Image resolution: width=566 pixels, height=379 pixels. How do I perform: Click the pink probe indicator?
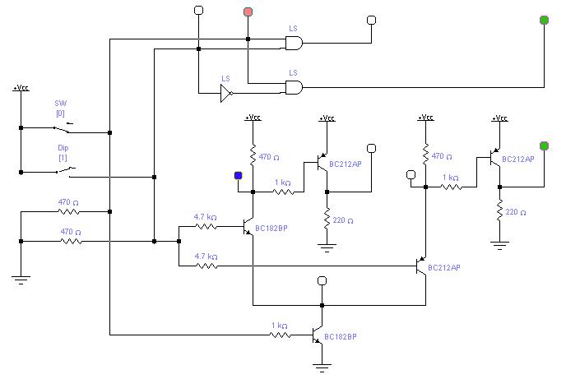click(x=248, y=12)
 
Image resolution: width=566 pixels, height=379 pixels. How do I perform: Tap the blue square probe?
click(x=238, y=176)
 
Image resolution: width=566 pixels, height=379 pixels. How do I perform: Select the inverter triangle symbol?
click(x=226, y=93)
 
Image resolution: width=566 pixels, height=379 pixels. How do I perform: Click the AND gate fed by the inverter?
click(x=294, y=87)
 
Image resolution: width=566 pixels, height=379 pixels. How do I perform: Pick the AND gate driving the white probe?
click(x=294, y=43)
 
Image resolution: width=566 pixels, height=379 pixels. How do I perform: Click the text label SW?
click(x=61, y=103)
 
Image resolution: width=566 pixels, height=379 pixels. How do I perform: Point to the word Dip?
click(x=63, y=147)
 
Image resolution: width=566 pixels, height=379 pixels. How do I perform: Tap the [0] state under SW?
click(x=60, y=113)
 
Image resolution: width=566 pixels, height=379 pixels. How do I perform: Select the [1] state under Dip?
click(x=63, y=158)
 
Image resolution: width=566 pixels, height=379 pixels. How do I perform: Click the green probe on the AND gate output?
click(x=544, y=21)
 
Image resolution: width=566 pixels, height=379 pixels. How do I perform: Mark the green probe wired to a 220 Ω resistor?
click(x=544, y=146)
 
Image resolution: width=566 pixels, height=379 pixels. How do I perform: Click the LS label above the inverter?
click(x=225, y=79)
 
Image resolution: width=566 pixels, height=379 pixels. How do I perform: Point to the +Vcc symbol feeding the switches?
click(x=21, y=88)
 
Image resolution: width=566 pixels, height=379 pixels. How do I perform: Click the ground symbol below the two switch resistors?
click(x=21, y=280)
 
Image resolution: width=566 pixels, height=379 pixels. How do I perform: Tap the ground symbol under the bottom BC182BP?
click(x=322, y=368)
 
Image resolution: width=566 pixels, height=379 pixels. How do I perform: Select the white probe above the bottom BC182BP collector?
click(x=322, y=280)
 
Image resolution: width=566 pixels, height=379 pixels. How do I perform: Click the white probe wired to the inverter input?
click(x=198, y=10)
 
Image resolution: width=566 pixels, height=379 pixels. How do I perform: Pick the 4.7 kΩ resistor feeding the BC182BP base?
click(x=206, y=226)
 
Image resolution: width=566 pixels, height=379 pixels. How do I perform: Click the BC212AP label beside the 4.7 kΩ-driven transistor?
click(x=444, y=267)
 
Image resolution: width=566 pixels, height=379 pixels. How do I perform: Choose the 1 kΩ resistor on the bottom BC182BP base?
click(x=280, y=335)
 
